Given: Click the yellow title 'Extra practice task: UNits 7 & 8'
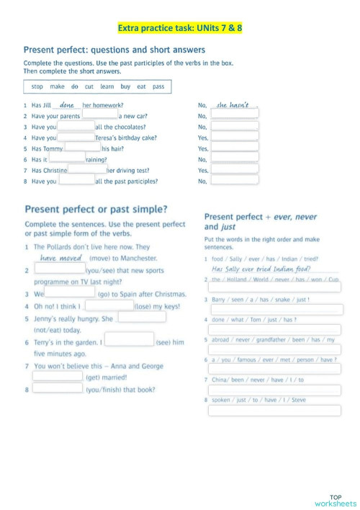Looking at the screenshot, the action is coord(179,28).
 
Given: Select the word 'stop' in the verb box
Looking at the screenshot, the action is coord(37,86).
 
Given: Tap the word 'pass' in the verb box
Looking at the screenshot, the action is coord(158,86).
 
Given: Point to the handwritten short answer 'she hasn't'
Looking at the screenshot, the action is coord(233,105).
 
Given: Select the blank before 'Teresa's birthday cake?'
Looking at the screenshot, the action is coord(76,137).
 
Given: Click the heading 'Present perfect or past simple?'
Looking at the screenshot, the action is coord(96,210).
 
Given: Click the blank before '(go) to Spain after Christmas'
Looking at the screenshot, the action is coord(71,294).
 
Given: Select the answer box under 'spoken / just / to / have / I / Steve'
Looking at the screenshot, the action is coord(274,411).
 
